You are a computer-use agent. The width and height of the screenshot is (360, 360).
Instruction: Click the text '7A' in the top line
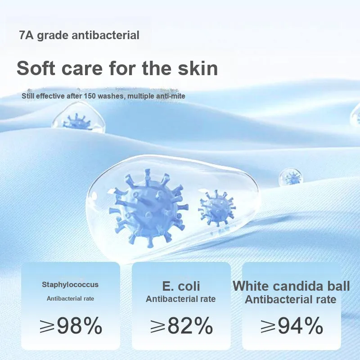(x=27, y=35)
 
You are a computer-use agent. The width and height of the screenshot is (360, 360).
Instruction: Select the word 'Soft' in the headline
(x=36, y=68)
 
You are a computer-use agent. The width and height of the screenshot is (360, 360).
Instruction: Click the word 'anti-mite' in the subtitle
(x=171, y=96)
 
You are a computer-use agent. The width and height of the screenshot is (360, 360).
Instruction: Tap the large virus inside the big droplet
(x=148, y=208)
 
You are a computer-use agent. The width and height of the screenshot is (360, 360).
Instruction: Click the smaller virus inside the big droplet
(x=217, y=208)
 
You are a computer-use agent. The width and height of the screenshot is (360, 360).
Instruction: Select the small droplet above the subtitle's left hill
(x=79, y=118)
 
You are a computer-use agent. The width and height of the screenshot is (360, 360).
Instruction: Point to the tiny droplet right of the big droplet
(x=291, y=177)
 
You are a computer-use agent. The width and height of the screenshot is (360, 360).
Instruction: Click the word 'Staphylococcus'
(x=70, y=284)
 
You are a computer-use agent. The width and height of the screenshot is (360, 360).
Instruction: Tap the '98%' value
(x=80, y=325)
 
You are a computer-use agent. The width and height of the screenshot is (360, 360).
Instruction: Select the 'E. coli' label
(x=181, y=286)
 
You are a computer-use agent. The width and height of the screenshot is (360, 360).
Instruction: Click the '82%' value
(x=190, y=325)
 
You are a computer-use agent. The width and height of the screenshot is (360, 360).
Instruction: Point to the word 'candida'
(x=297, y=286)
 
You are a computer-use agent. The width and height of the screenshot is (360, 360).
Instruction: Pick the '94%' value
(x=301, y=325)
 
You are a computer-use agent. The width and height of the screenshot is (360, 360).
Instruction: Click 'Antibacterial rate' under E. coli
(x=181, y=299)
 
